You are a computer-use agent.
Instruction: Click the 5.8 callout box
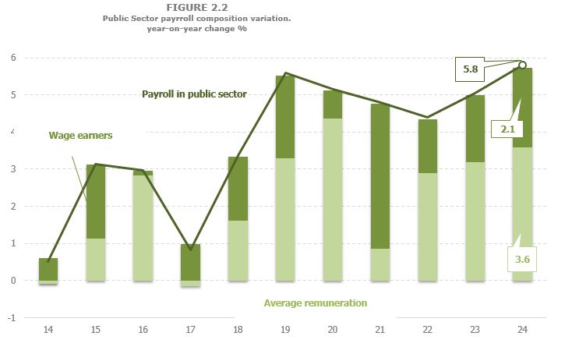[470, 69]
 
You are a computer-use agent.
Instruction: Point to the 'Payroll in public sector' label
[194, 94]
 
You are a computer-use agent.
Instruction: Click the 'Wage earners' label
[81, 135]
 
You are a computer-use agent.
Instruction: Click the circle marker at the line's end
[522, 65]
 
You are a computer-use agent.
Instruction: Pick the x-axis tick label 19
[284, 331]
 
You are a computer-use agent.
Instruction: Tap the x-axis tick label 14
[48, 331]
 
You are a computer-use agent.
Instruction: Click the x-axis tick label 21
[380, 331]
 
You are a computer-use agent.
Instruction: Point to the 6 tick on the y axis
[13, 58]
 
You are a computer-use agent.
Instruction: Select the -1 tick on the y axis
[12, 317]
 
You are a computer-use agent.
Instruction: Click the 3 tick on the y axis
[13, 169]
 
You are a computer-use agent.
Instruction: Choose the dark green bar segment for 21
[380, 176]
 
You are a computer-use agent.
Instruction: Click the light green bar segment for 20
[333, 199]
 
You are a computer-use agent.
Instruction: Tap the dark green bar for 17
[190, 262]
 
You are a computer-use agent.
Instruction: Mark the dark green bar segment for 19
[285, 117]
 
